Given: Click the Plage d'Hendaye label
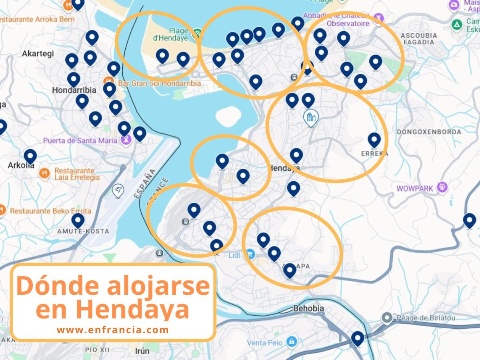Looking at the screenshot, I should tap(170, 34).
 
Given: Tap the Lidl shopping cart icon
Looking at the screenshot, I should tap(250, 254).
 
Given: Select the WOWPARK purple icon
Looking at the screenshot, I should tap(442, 187).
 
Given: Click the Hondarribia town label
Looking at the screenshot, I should tap(74, 90).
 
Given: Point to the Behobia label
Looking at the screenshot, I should tap(308, 309).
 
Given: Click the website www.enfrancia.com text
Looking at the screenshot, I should tap(113, 330).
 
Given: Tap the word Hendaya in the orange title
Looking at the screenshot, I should tap(132, 308).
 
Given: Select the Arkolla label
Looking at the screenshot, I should tap(21, 165).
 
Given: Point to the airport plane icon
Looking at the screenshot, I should tap(118, 191).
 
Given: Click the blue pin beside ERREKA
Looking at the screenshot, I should tap(374, 140).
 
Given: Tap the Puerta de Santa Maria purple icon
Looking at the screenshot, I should tap(126, 140).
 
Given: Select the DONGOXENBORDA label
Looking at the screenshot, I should tap(429, 132).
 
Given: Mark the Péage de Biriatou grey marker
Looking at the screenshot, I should tap(387, 318).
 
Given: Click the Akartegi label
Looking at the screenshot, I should tap(38, 54).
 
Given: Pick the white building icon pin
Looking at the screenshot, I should tap(310, 117).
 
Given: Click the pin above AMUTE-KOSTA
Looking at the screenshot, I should tap(78, 220).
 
